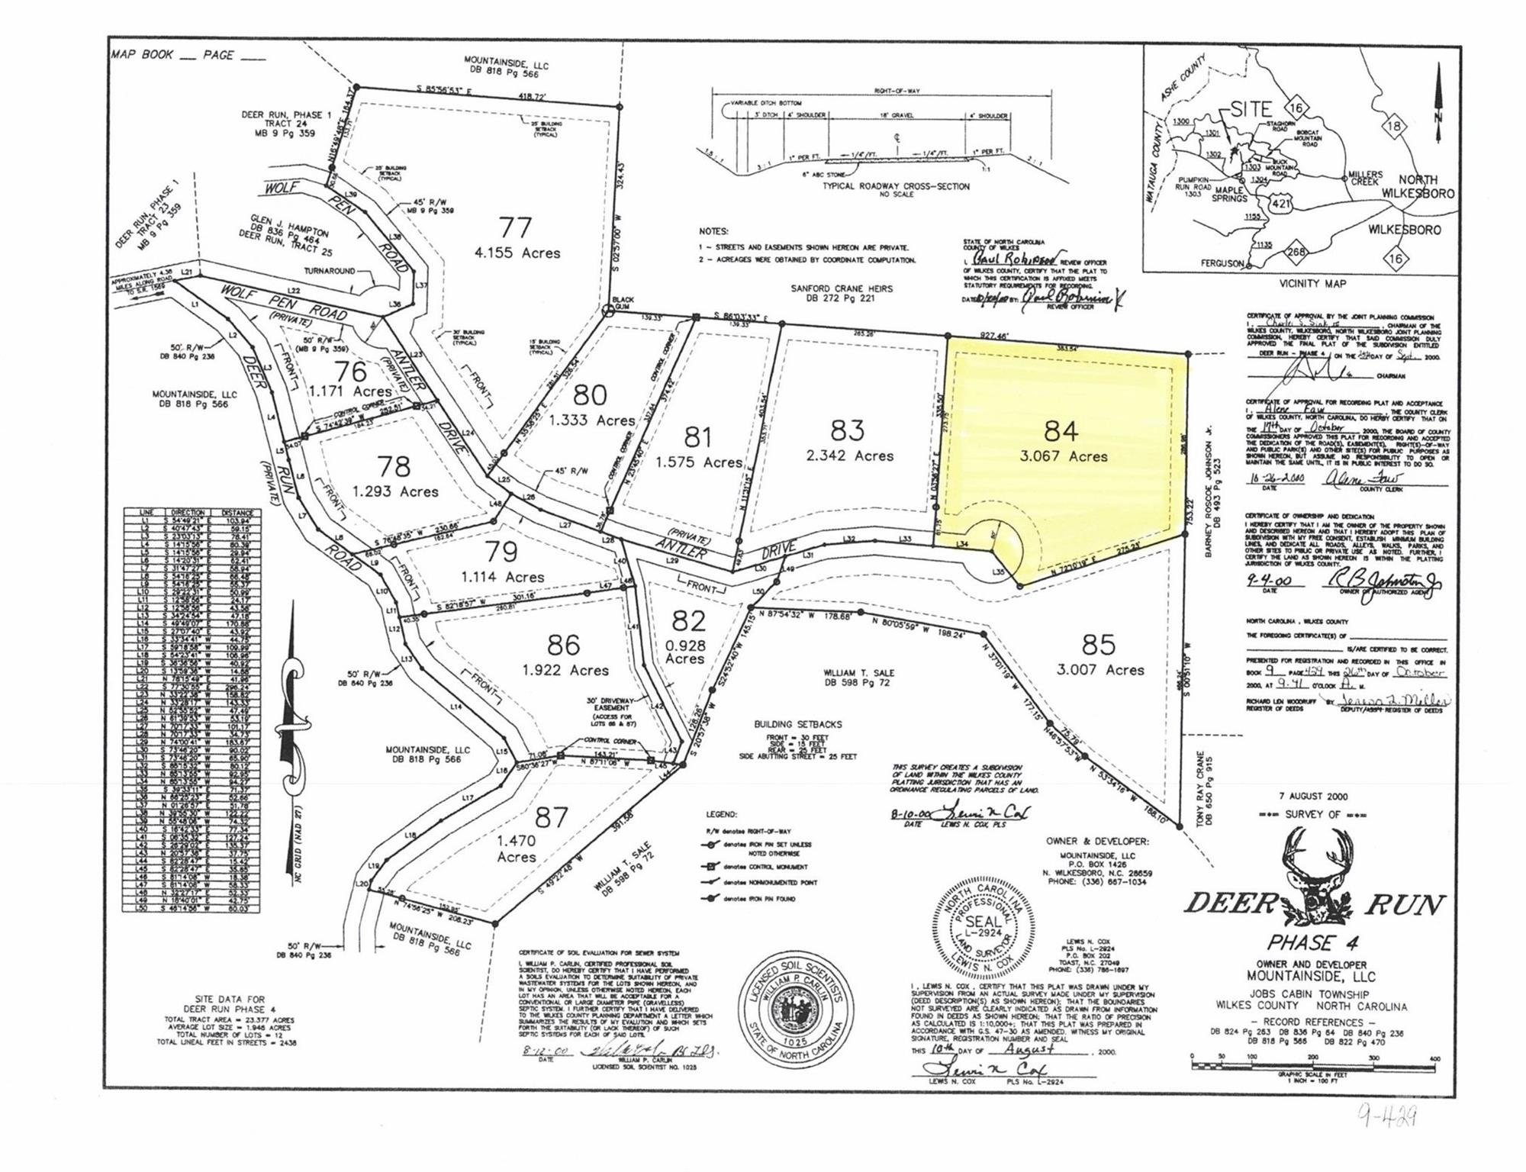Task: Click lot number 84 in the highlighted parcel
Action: (x=1061, y=432)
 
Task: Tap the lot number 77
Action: (x=516, y=227)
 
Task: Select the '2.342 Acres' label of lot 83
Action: (x=849, y=456)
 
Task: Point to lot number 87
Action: (x=551, y=817)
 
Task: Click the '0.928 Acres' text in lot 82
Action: (x=685, y=652)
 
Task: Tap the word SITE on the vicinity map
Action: (x=1251, y=110)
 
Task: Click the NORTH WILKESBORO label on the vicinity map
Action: (x=1417, y=186)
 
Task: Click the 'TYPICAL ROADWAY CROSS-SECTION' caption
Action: (x=896, y=186)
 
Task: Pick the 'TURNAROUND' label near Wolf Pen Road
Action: (x=330, y=271)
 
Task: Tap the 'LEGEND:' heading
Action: (x=721, y=815)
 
